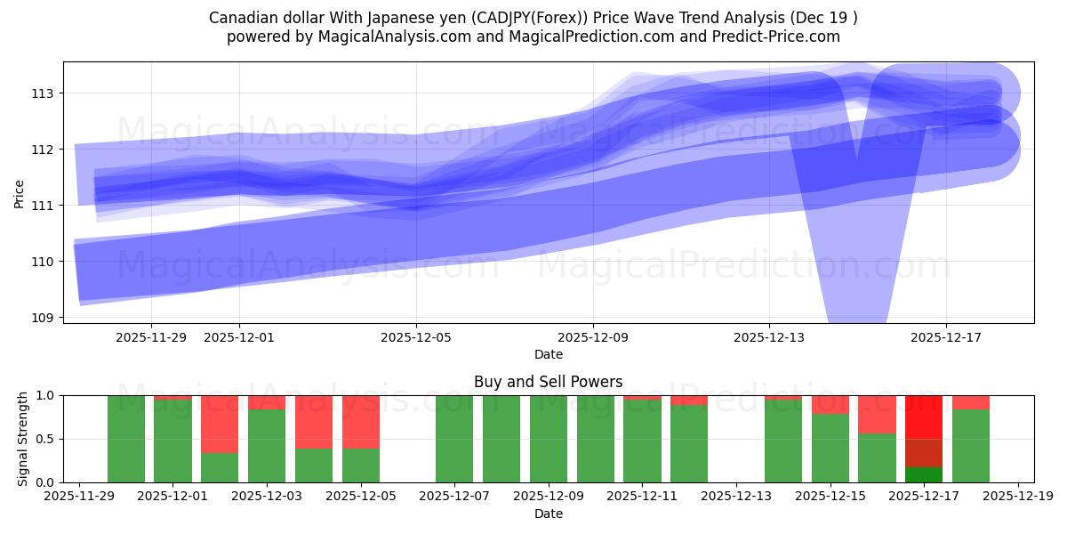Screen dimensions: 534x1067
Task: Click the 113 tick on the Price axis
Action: (43, 93)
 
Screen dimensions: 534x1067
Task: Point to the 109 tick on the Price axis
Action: (43, 318)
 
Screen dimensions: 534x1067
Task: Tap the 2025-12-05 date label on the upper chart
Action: (416, 337)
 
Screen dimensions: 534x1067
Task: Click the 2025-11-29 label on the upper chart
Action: (151, 337)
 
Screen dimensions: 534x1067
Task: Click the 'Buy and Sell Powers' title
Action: (548, 382)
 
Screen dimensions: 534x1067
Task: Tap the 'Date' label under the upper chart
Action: (548, 354)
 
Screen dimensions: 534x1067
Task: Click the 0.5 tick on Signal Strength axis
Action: (47, 439)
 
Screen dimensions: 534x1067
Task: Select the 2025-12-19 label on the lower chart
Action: (1017, 497)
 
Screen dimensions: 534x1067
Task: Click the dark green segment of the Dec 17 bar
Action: (924, 474)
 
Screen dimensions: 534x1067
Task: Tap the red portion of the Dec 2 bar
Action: (220, 424)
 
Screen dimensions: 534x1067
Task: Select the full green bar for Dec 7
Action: (454, 439)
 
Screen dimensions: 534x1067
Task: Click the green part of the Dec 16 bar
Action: (877, 457)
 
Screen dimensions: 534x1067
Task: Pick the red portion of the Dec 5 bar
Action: (360, 421)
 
